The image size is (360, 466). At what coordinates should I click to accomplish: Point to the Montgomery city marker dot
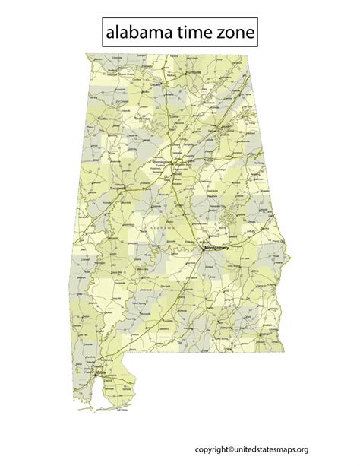click(205, 247)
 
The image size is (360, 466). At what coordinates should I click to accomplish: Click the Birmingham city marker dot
click(172, 163)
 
